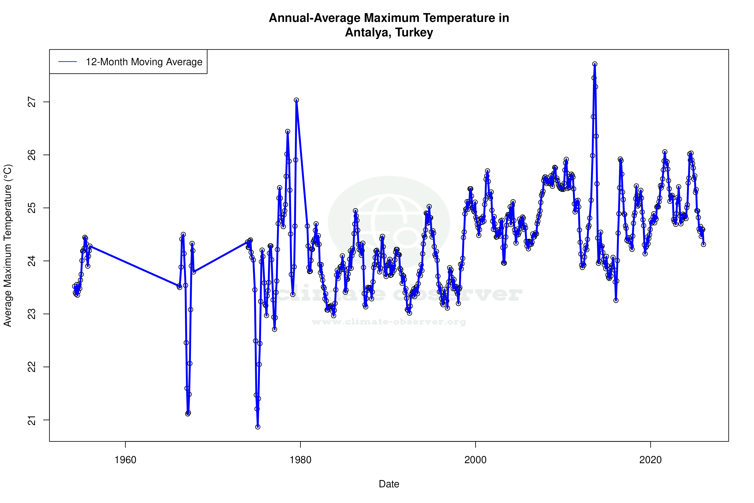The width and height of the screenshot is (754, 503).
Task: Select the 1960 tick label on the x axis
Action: (x=125, y=460)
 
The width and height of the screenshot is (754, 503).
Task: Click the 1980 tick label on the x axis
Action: (x=300, y=460)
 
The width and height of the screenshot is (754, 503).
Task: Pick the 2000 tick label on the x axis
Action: (x=475, y=460)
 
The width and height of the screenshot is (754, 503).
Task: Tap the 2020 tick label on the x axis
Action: (x=650, y=460)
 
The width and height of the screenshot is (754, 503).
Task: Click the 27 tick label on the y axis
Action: (x=32, y=102)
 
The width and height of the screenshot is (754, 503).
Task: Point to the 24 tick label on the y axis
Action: (x=32, y=261)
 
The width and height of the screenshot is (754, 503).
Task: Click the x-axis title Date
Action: (x=389, y=484)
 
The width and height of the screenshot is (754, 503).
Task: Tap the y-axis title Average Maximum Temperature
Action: (x=8, y=245)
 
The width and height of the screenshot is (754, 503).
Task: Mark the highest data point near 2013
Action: (x=595, y=64)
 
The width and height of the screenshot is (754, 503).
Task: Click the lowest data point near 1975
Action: (x=258, y=427)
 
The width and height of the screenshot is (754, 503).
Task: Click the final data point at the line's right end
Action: (x=703, y=244)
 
